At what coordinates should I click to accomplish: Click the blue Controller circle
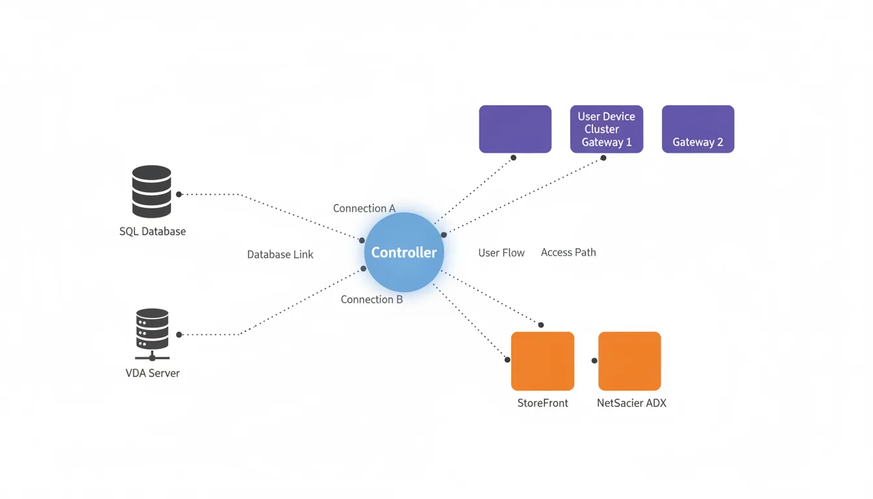click(404, 252)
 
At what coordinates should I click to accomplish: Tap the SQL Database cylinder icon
click(151, 191)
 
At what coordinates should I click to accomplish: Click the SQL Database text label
click(153, 231)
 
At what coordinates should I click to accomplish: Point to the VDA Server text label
click(153, 373)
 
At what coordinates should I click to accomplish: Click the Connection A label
click(364, 209)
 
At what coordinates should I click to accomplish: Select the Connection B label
click(372, 300)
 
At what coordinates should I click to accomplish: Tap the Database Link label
click(280, 255)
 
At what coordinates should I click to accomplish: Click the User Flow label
click(501, 253)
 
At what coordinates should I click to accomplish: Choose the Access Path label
click(568, 252)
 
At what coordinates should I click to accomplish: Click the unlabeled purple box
click(515, 129)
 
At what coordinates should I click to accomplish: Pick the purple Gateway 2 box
click(698, 129)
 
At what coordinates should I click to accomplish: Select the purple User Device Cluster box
click(607, 129)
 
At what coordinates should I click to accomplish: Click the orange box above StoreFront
click(542, 361)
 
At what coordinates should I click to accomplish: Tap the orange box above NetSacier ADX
click(629, 361)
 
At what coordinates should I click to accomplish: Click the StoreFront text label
click(542, 403)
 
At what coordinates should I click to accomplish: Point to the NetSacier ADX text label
click(631, 403)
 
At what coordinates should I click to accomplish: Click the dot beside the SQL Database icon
click(179, 194)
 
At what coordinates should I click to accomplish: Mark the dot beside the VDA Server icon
click(179, 335)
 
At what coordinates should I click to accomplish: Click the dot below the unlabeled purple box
click(513, 158)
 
